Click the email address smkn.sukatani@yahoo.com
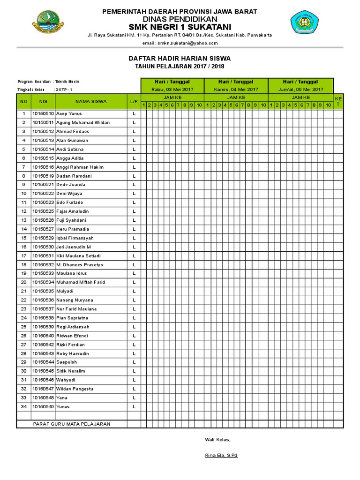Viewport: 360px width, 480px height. pos(180,43)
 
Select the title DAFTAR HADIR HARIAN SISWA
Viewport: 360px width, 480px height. pos(180,58)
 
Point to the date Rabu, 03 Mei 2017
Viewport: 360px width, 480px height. pos(172,89)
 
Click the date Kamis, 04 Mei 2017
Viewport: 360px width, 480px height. pos(236,89)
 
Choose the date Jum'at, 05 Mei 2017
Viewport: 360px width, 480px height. pos(300,89)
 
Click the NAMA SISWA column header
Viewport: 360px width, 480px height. pos(91,101)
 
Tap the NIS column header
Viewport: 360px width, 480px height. pos(43,101)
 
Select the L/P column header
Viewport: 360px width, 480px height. pos(134,101)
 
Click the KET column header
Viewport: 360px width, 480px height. pos(338,101)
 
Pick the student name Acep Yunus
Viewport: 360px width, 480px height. pos(69,114)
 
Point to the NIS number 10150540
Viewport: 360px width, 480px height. pos(43,336)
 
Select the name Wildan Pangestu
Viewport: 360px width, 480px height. pos(75,389)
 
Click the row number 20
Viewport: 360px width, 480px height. pos(23,282)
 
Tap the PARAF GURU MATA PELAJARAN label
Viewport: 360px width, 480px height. pos(72,424)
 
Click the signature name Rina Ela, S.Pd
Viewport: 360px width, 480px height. pos(221,456)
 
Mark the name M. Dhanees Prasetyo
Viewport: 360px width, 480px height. pos(80,265)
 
